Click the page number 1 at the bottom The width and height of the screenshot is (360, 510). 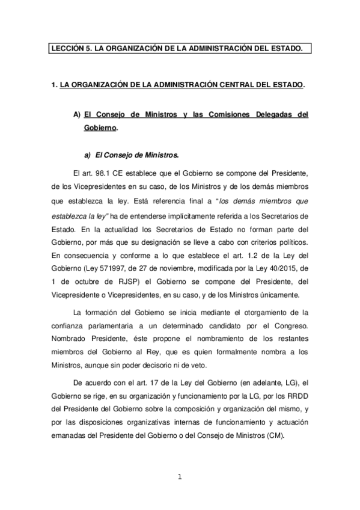coord(179,478)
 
